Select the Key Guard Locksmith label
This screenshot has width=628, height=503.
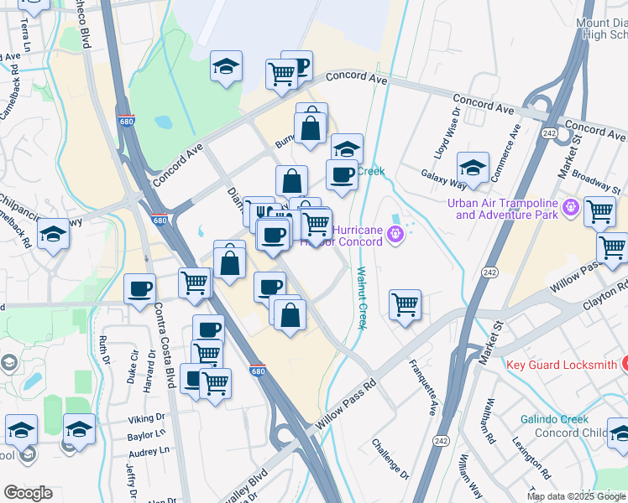(x=562, y=365)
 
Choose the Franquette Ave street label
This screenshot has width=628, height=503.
(x=423, y=383)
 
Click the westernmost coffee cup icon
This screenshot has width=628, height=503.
(x=139, y=289)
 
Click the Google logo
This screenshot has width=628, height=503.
(x=28, y=493)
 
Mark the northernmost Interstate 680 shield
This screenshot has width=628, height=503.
(x=126, y=121)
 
